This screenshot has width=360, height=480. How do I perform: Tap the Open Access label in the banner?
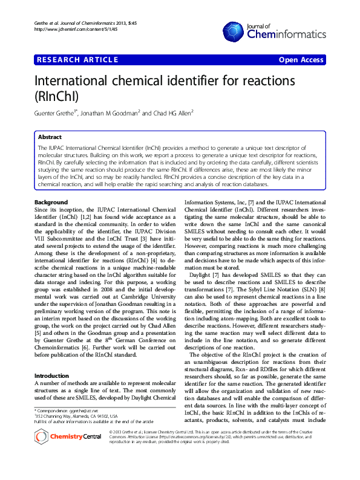coord(301,60)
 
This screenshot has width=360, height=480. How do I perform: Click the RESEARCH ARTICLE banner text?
coord(77,60)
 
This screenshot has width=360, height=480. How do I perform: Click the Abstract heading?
coord(50,137)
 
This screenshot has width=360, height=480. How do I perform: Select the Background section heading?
coord(51,201)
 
